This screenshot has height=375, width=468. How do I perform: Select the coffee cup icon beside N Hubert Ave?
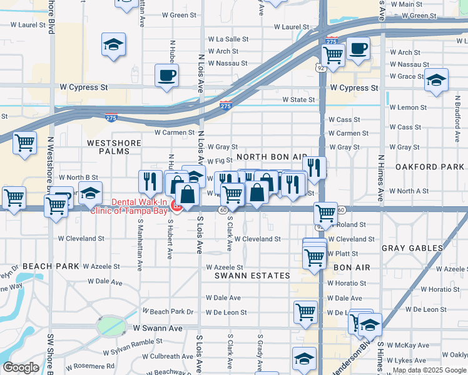[x=167, y=76]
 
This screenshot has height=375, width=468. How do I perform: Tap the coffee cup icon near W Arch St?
[x=358, y=48]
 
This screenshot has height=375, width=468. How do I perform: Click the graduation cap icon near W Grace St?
[x=436, y=81]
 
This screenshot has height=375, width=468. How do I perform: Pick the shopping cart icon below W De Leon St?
[x=305, y=311]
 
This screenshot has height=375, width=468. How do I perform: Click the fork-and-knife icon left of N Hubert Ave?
[x=150, y=181]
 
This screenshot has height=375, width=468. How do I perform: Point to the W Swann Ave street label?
[x=158, y=327]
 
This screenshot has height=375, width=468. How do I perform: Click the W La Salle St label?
[x=228, y=39]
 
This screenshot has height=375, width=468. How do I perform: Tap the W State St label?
[x=298, y=99]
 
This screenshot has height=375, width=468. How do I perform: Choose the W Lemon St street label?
[x=408, y=107]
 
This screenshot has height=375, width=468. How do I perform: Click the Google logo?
[x=21, y=367]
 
